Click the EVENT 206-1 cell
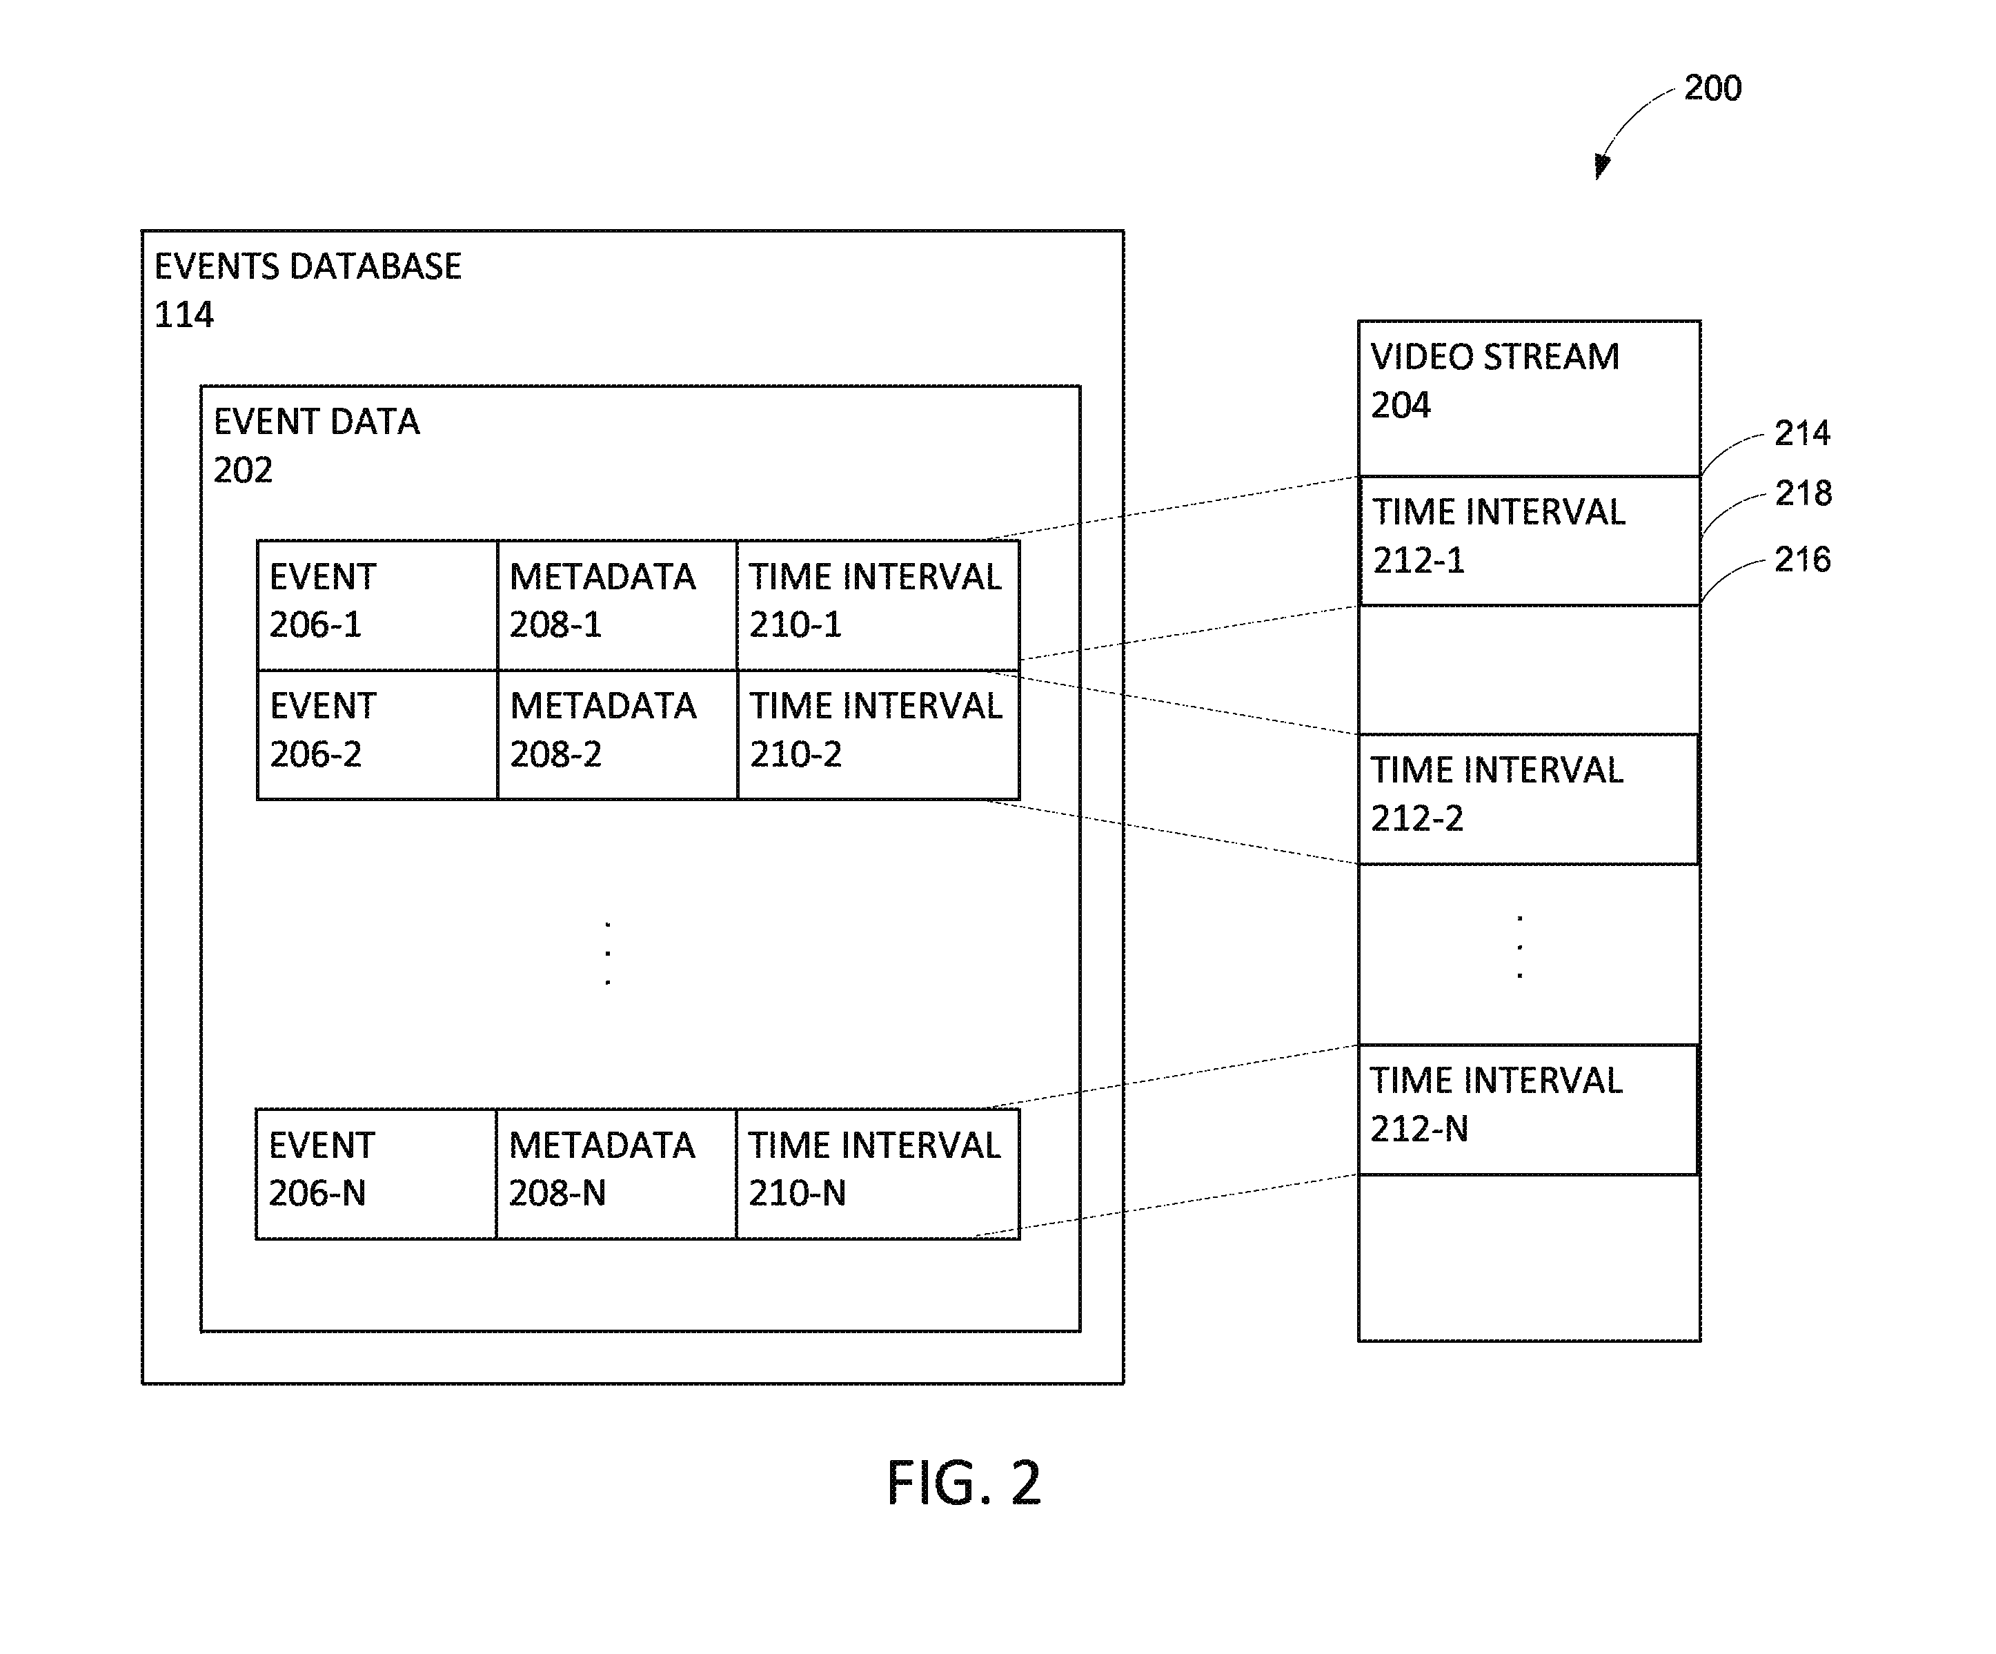coord(377,604)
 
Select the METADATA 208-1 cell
coord(617,604)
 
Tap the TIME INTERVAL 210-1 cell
coord(878,604)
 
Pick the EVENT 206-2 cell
coord(377,734)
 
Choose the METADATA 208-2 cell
coord(617,734)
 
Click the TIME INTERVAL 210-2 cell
coord(878,734)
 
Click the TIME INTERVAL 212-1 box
coord(1530,540)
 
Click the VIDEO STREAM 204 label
coord(1495,380)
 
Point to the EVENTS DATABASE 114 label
coord(308,289)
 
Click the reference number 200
coord(1712,88)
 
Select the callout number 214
coord(1802,433)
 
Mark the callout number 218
coord(1803,493)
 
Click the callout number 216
coord(1802,559)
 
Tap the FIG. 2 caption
coord(964,1483)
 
